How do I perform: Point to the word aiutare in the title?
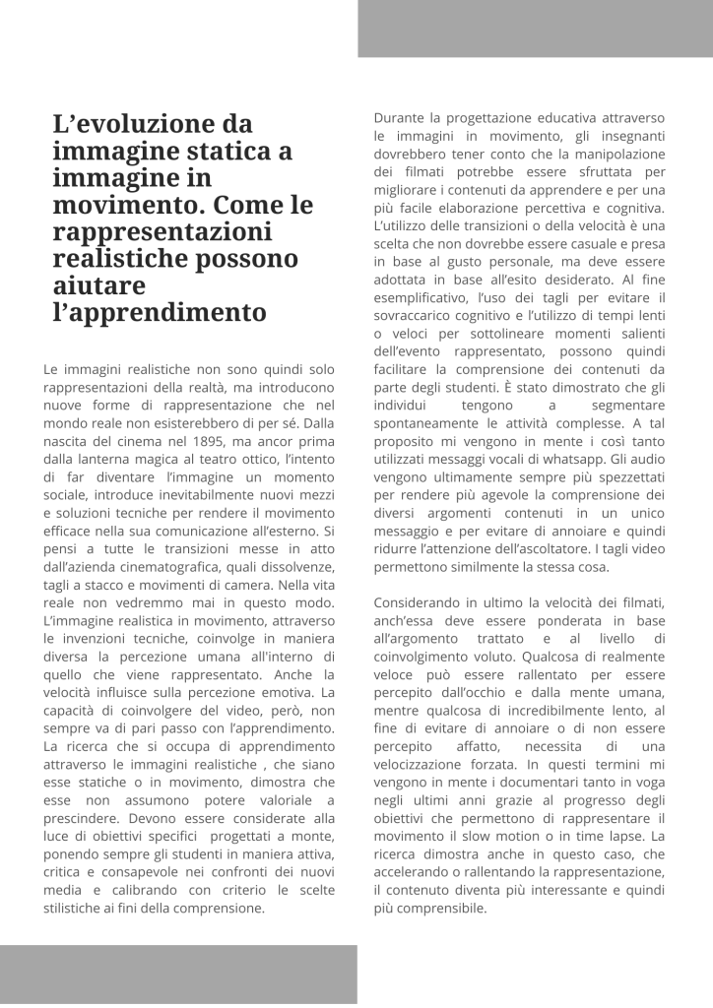98,286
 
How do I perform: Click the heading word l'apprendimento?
159,314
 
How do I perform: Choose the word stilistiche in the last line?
80,908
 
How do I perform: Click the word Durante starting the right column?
401,117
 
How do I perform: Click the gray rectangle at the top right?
535,28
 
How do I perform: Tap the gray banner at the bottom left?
178,974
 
